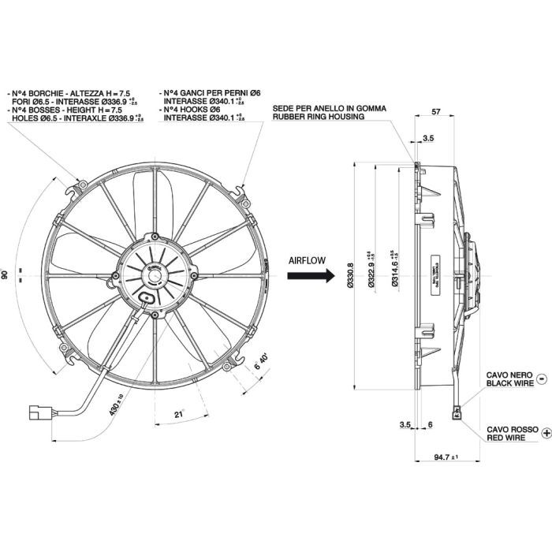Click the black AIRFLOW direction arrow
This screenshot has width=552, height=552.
[311, 276]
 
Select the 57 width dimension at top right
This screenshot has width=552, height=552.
[435, 113]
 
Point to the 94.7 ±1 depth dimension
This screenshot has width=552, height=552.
[446, 457]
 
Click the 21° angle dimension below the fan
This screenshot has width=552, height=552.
[180, 415]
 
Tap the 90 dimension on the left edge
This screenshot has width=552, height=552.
[5, 274]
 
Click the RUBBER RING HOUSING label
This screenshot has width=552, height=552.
[319, 117]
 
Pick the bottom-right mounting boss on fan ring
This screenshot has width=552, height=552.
[229, 368]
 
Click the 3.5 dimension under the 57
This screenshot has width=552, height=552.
[428, 138]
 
